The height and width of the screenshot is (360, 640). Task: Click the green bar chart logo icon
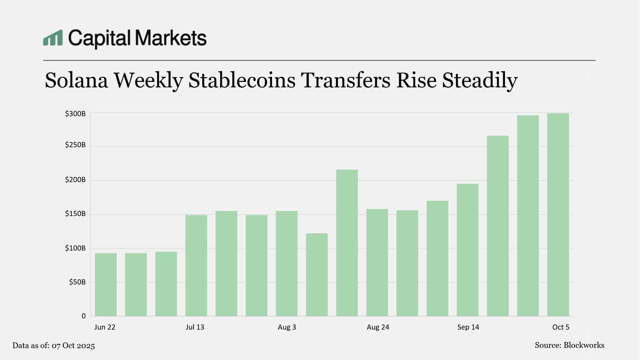click(x=53, y=38)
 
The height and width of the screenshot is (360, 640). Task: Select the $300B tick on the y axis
click(x=75, y=114)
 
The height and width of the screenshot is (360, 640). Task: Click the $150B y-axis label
click(x=75, y=214)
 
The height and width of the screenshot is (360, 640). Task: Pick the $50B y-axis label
click(x=77, y=282)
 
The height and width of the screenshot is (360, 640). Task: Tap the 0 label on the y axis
click(x=84, y=316)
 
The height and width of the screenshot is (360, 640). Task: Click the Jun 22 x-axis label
click(x=105, y=327)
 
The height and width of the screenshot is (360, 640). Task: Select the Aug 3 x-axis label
click(x=287, y=327)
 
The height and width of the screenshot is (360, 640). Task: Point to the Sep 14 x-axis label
click(x=468, y=327)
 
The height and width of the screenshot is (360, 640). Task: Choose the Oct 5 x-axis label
click(x=561, y=327)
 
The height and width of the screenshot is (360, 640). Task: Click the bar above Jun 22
click(x=106, y=284)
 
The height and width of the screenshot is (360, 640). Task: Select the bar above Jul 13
click(x=196, y=266)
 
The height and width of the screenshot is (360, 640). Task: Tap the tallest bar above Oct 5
click(x=558, y=214)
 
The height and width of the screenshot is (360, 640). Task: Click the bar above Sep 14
click(x=468, y=250)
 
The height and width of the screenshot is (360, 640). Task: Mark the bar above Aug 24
click(x=377, y=262)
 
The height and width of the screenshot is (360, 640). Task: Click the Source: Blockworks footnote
click(x=569, y=345)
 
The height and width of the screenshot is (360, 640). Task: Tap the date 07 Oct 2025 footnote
click(x=73, y=346)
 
